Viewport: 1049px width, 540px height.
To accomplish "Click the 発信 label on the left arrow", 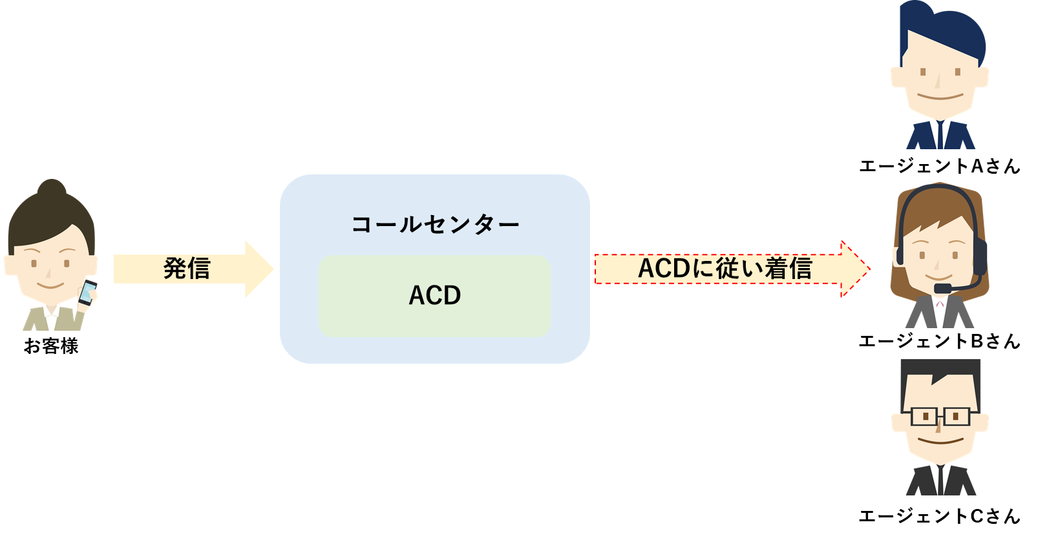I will (186, 269).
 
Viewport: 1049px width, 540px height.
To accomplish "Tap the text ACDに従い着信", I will (725, 269).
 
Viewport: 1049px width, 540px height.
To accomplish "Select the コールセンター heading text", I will (435, 225).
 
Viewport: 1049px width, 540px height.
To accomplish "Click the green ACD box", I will (434, 296).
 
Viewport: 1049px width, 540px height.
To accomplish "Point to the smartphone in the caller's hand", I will (87, 293).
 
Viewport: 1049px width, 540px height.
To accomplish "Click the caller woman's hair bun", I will (52, 188).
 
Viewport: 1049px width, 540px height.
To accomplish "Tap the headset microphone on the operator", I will (943, 288).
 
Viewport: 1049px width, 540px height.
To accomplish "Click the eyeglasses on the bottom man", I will (940, 417).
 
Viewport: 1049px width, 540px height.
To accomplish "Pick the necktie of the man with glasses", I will (940, 481).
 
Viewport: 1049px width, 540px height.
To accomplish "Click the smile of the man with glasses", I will (940, 443).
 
